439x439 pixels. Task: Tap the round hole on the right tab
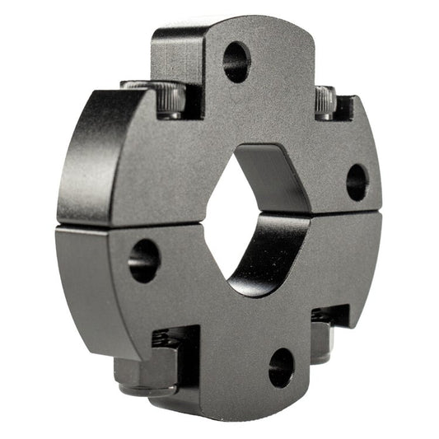[x=356, y=182]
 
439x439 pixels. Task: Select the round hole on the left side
[x=143, y=261]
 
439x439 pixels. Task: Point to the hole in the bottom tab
[x=281, y=367]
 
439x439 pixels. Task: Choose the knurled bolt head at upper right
[x=325, y=103]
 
